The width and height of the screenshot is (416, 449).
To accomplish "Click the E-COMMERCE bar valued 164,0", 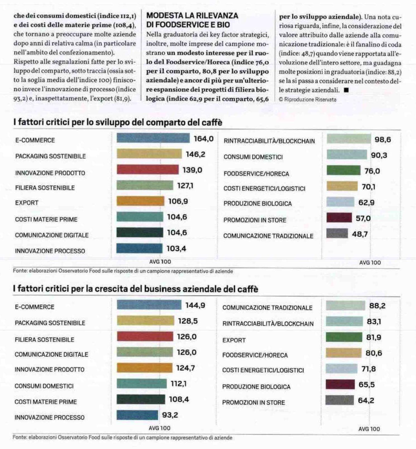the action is tap(153, 138).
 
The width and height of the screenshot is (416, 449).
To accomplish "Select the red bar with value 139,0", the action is tap(147, 169).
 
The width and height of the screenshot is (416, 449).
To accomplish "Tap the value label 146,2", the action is tap(196, 154).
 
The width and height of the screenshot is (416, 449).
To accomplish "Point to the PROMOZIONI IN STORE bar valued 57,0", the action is tap(339, 217).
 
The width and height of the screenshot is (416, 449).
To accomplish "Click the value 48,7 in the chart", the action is tap(360, 234).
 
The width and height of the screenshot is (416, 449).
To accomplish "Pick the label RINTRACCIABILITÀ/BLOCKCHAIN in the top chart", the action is tap(269, 141).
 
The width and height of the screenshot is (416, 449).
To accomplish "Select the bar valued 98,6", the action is tap(349, 139).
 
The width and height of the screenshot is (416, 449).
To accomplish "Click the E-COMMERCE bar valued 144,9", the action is tap(149, 305).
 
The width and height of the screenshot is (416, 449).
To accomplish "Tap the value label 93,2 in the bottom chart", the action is tap(170, 415).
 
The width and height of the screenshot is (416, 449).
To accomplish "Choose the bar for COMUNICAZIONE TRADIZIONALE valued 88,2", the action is tap(345, 305).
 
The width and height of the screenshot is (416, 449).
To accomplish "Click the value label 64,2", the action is tap(366, 401).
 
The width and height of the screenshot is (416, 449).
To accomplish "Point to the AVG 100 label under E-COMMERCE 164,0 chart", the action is tap(160, 262).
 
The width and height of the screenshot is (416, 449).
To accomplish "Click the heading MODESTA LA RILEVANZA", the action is tap(192, 16).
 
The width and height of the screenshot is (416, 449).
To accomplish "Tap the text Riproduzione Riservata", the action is tap(310, 99).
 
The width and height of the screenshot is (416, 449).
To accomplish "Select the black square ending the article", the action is tap(346, 90).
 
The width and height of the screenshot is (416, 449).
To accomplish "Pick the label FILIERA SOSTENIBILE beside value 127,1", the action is tap(45, 188).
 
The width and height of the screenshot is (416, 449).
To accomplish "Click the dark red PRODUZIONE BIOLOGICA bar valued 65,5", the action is tap(340, 384).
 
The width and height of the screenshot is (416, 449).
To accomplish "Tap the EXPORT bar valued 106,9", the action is tap(140, 201).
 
